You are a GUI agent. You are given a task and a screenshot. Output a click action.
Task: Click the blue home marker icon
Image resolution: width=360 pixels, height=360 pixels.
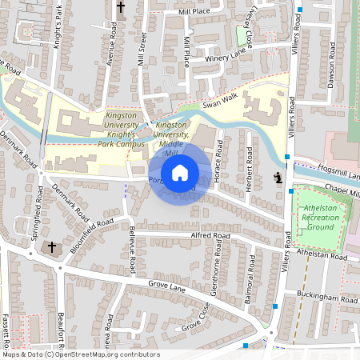180,172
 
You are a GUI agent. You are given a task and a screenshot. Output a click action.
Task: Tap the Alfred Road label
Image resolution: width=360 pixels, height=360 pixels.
211,237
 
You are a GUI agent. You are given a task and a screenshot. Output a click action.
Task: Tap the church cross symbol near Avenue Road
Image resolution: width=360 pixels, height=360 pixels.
122,9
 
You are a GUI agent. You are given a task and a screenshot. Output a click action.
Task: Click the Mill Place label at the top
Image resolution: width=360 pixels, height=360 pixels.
194,12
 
